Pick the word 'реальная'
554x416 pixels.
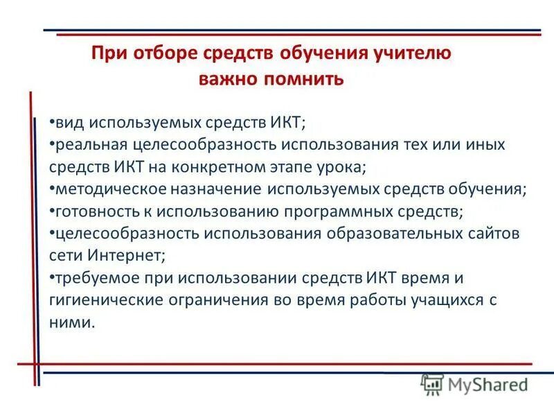[86, 146]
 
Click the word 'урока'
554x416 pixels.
[339, 167]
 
